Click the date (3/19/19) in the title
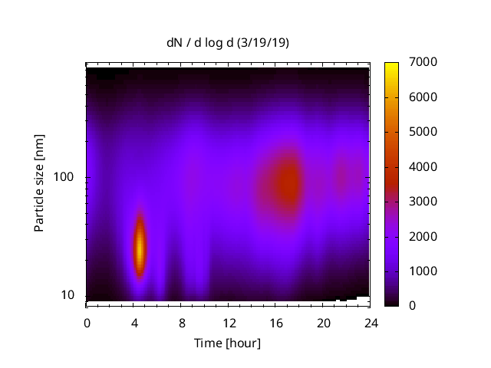(x=263, y=43)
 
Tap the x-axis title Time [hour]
(x=228, y=343)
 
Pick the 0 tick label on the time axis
(x=87, y=322)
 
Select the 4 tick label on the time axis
(x=134, y=322)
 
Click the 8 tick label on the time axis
(x=182, y=322)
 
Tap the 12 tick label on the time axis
(x=229, y=322)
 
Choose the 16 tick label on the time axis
(x=276, y=322)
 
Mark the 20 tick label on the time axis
(x=324, y=322)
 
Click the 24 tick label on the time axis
(x=371, y=322)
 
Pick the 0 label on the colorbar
(x=414, y=306)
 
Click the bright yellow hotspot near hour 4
(x=140, y=247)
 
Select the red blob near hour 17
(x=288, y=185)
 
